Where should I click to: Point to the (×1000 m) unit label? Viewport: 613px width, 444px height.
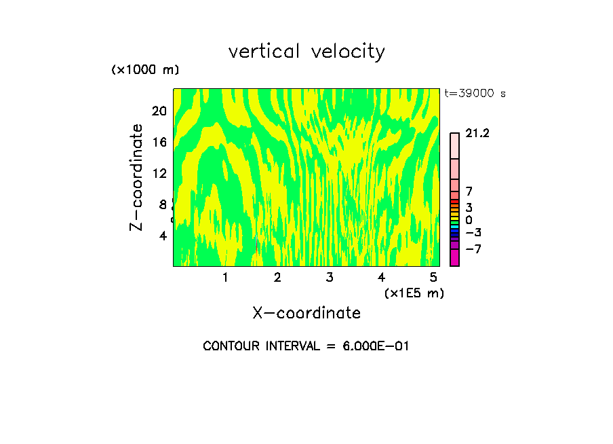(145, 71)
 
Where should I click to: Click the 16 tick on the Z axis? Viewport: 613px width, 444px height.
(159, 142)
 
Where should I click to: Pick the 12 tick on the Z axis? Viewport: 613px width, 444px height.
(159, 173)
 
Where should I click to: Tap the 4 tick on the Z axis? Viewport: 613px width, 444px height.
(163, 236)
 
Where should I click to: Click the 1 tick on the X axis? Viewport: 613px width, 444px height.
(225, 278)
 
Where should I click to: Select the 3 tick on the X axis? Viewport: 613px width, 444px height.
(330, 278)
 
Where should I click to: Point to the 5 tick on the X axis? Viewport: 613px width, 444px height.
(433, 278)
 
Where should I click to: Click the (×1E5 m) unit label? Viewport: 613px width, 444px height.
(414, 293)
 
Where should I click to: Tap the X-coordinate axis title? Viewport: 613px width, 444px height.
(306, 313)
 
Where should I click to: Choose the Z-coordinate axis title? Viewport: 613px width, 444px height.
(138, 177)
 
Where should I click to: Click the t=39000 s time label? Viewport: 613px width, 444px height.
(475, 94)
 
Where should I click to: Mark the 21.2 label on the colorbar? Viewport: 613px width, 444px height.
(477, 134)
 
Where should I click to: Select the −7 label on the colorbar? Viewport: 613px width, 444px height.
(473, 249)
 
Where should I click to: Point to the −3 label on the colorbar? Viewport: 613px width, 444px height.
(473, 233)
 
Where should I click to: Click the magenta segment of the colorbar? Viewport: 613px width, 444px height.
(454, 258)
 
